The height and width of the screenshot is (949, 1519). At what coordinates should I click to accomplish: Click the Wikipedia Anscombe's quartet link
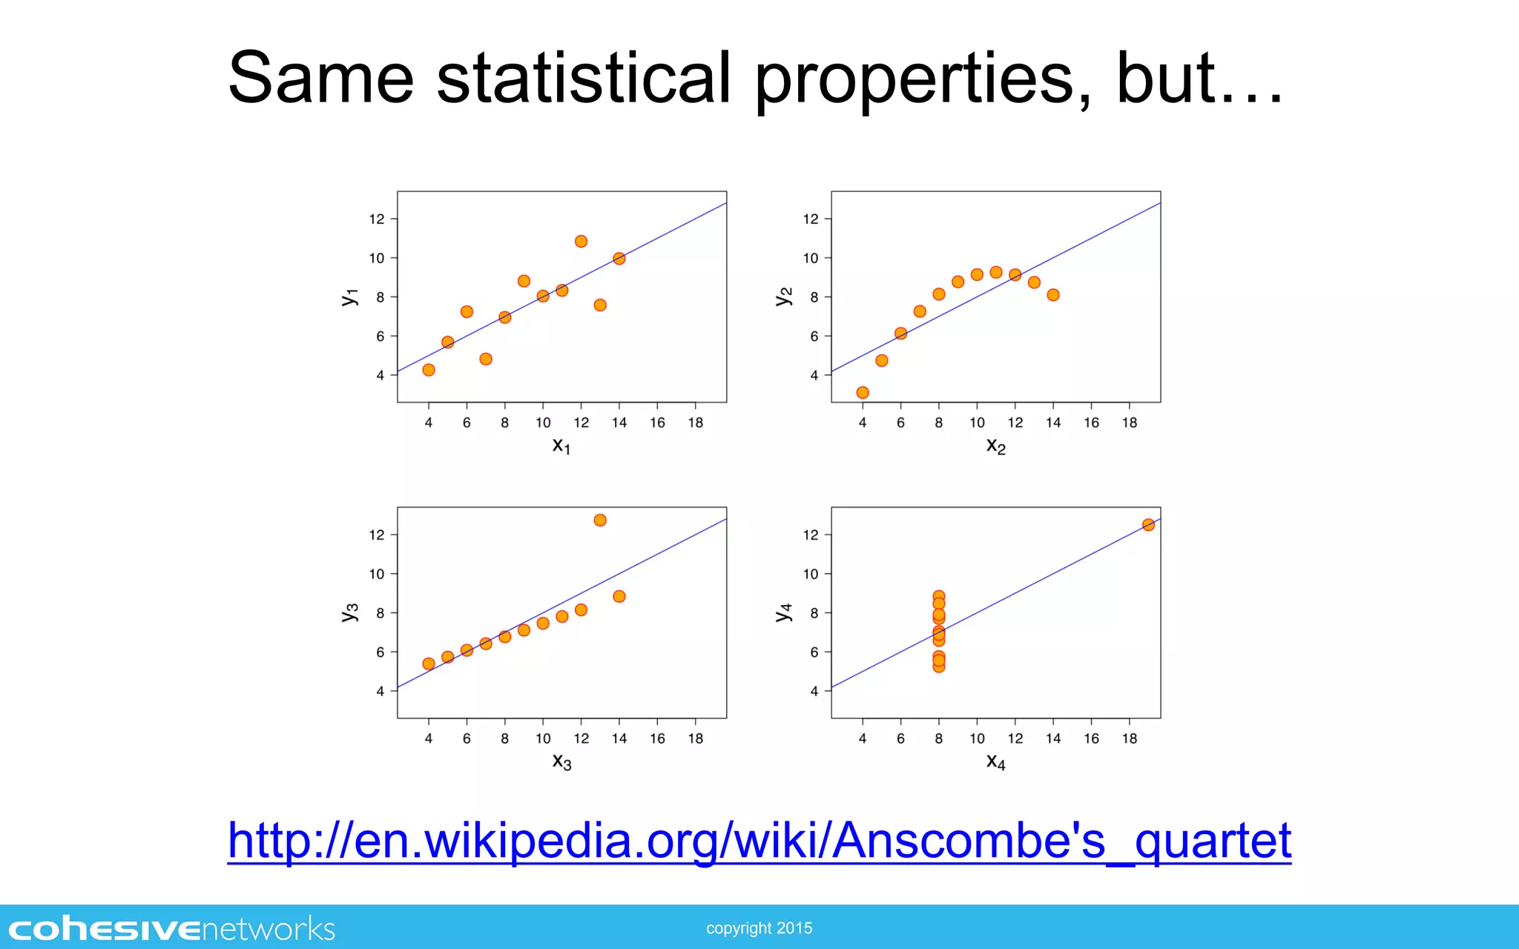[x=759, y=841]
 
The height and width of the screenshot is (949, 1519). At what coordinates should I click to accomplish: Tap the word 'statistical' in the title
[x=584, y=78]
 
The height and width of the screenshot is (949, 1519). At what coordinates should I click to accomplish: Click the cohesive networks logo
[x=171, y=929]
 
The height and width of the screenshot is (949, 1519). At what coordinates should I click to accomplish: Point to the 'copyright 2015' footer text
[x=759, y=928]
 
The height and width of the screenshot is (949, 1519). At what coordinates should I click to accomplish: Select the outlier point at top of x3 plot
[x=600, y=520]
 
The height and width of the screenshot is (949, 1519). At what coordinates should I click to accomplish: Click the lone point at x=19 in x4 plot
[x=1148, y=525]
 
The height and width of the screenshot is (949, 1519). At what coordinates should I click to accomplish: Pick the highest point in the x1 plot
[x=581, y=242]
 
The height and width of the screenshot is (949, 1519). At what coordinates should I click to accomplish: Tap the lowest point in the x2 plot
[x=863, y=393]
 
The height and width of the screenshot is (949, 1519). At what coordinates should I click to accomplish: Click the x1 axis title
[x=561, y=446]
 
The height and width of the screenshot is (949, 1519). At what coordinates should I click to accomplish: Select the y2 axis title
[x=784, y=297]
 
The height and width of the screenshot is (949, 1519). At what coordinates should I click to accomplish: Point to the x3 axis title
[x=561, y=761]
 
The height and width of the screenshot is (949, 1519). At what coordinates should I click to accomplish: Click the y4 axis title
[x=784, y=612]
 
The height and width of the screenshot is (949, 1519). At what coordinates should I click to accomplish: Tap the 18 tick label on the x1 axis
[x=695, y=423]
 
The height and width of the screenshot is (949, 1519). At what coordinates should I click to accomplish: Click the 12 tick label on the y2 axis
[x=811, y=219]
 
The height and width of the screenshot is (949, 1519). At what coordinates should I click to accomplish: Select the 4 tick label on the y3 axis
[x=380, y=691]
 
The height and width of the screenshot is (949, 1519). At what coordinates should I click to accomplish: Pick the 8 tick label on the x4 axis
[x=939, y=738]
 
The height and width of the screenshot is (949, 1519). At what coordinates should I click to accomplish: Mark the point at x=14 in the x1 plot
[x=619, y=259]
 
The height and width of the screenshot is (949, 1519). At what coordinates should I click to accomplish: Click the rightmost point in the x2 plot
[x=1053, y=295]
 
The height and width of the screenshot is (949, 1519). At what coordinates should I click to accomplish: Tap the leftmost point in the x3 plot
[x=429, y=664]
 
